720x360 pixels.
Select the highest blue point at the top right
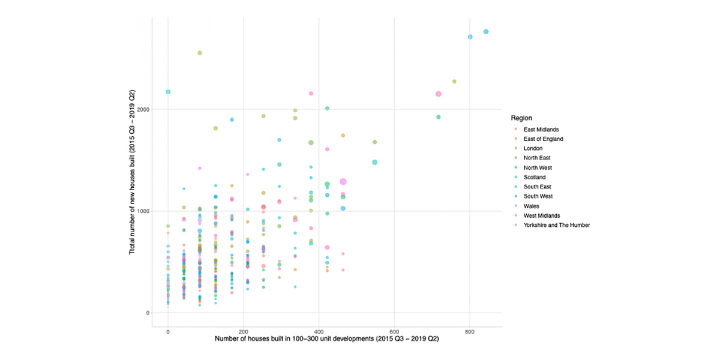tap(486, 32)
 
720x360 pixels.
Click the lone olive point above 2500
tap(199, 53)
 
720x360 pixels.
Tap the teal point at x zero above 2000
tap(168, 92)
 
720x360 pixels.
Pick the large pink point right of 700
tap(439, 94)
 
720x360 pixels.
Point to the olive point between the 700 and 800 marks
tap(454, 82)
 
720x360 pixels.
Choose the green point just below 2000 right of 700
tap(439, 117)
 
